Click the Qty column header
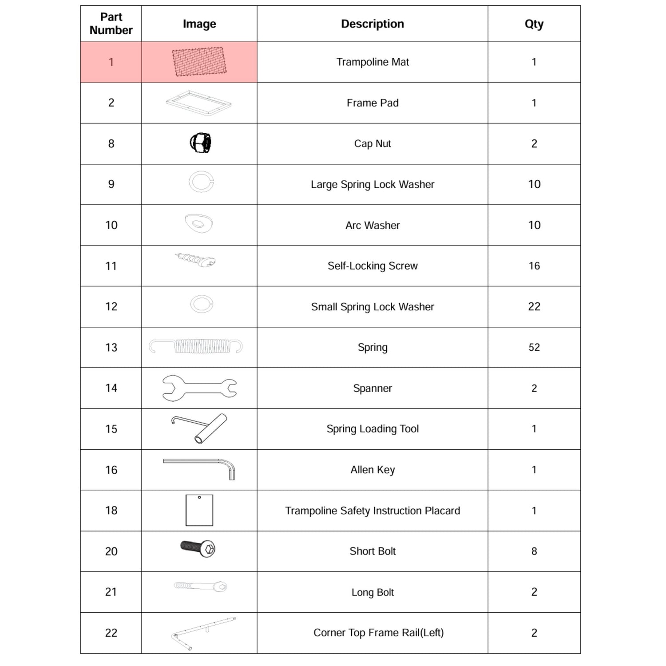coord(534,24)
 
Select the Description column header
coord(372,24)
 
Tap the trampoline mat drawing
coord(199,62)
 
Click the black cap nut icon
coord(200,143)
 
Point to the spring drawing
coord(196,346)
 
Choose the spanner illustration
coord(199,388)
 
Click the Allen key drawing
coord(199,468)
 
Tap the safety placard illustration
coord(199,510)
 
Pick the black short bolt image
coord(198,548)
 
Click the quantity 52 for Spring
coord(534,347)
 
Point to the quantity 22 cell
coord(534,306)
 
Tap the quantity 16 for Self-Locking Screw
coord(534,266)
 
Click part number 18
coord(111,510)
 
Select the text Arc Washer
coord(372,225)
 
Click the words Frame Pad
coord(372,103)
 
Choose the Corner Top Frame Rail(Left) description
coord(378,632)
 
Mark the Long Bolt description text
coord(372,592)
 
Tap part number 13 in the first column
coord(111,347)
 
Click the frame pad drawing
coord(198,103)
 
